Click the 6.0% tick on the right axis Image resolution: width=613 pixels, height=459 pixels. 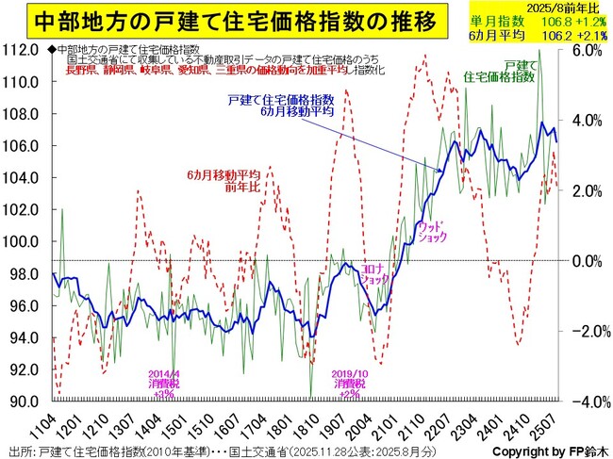click(x=589, y=50)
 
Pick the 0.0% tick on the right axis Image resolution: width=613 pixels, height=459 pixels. click(x=589, y=261)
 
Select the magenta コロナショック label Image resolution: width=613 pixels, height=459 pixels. click(x=373, y=273)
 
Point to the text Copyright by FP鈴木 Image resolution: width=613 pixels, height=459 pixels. click(x=540, y=450)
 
